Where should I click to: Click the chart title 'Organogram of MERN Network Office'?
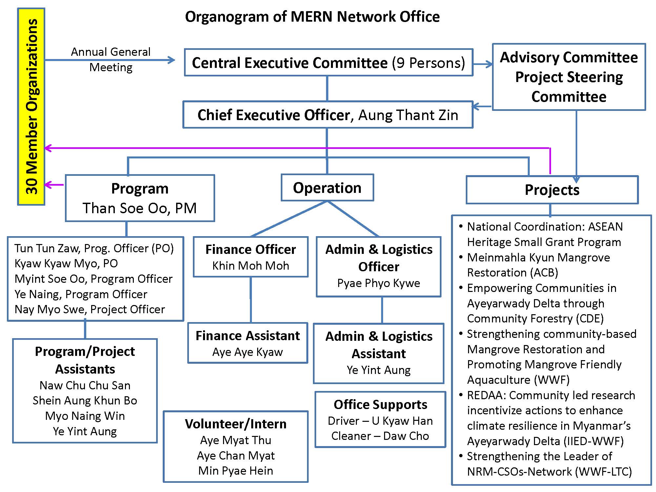(312, 17)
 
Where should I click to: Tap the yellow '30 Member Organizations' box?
(31, 107)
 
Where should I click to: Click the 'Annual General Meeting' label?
(111, 59)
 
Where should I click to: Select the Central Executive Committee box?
(328, 63)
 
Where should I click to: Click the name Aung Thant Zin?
(408, 115)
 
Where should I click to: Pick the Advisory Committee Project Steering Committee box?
(569, 77)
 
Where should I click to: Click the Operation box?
(327, 188)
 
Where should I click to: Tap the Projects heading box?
(552, 190)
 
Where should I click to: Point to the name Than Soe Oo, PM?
(140, 208)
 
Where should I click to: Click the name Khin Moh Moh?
(251, 266)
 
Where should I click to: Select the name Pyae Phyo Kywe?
(379, 283)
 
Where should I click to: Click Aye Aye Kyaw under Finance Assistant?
(247, 352)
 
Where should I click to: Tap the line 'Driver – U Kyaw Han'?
(380, 421)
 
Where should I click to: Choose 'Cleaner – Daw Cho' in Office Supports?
(380, 436)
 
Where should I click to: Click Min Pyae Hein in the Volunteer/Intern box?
(236, 471)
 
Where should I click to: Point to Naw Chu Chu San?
(85, 385)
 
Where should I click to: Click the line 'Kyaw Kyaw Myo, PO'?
(66, 263)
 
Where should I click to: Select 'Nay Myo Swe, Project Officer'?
(90, 309)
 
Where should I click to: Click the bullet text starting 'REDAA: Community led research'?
(551, 395)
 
